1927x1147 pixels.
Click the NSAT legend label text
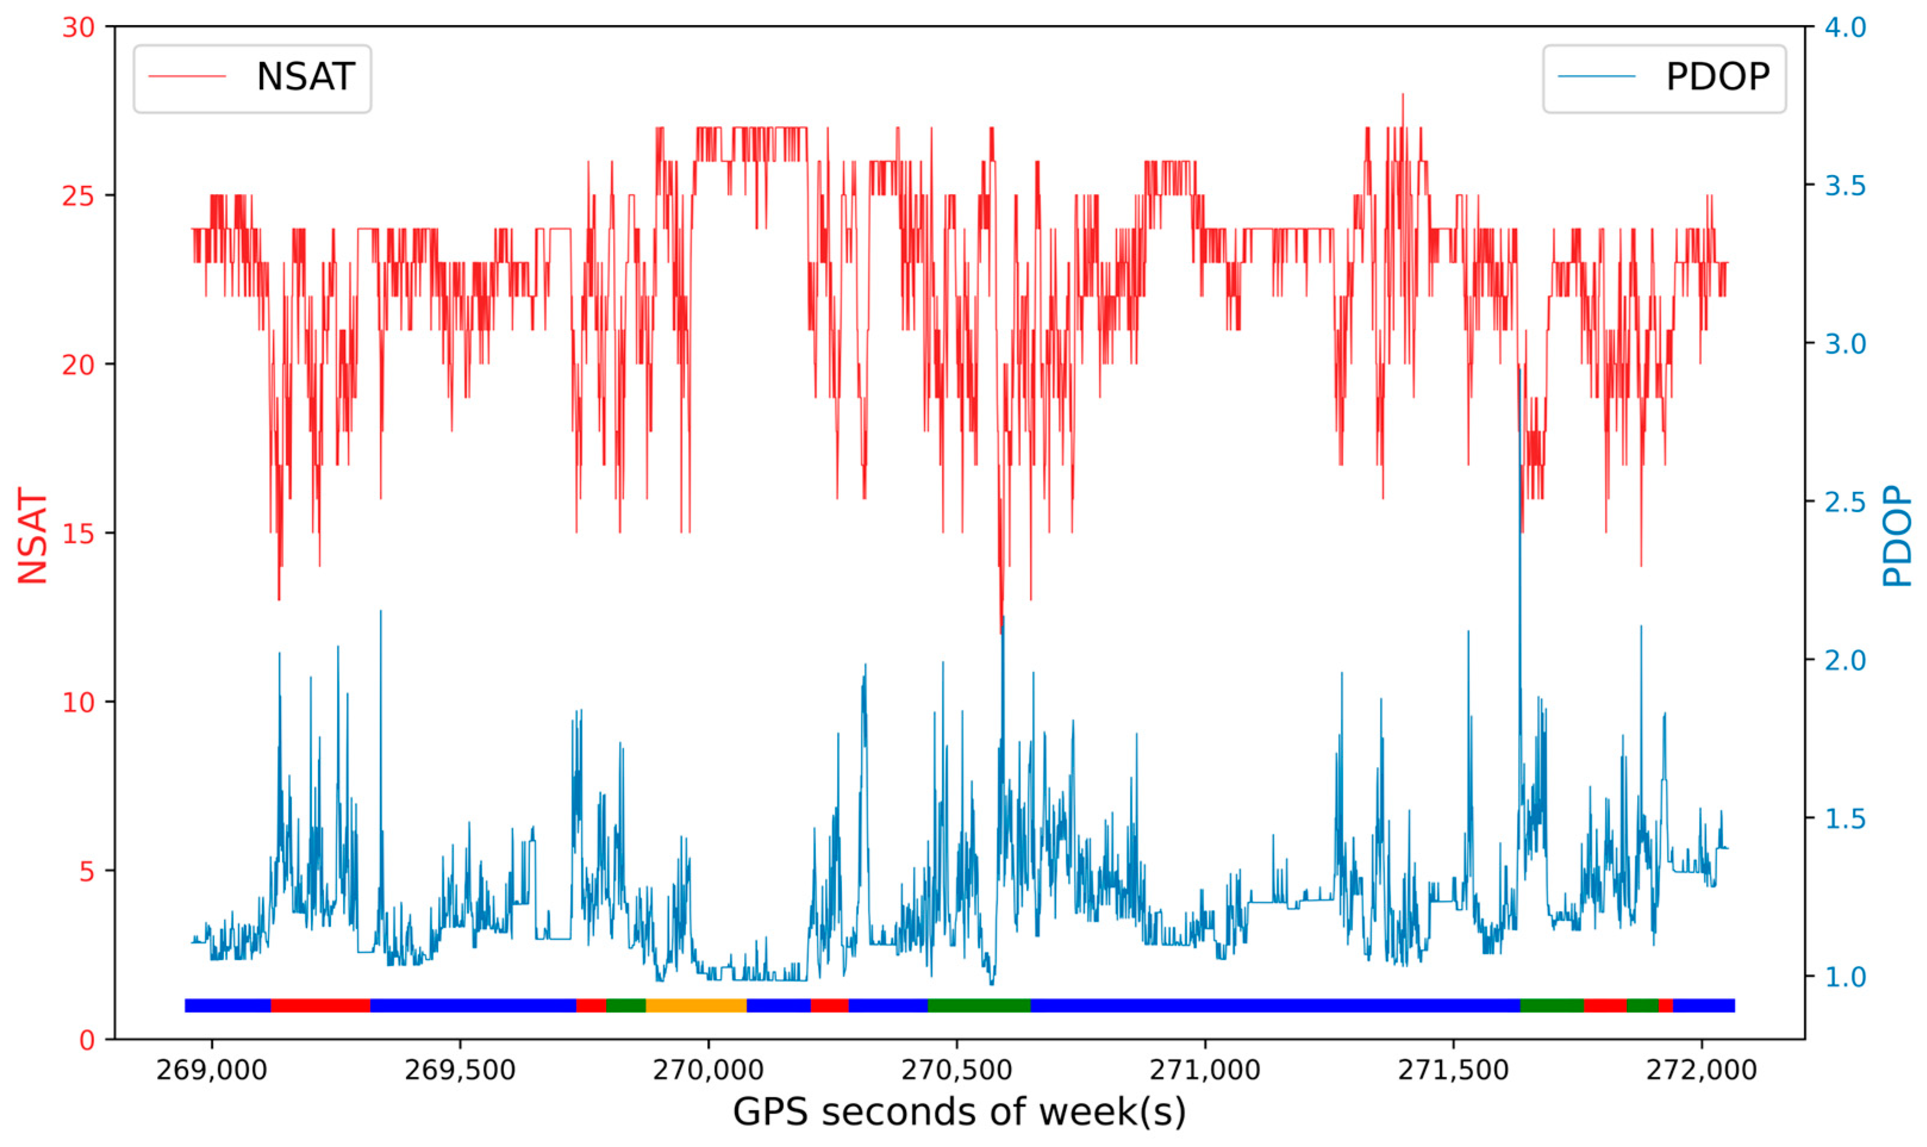[x=305, y=77]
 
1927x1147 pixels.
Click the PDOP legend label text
[x=1717, y=77]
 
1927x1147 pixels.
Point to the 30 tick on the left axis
[x=78, y=28]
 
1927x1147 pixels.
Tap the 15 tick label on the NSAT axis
[x=78, y=534]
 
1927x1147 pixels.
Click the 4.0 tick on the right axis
[x=1845, y=28]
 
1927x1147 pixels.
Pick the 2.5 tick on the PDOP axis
[x=1845, y=503]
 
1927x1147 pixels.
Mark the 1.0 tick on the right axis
[x=1845, y=977]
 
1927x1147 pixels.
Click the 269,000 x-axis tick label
[x=212, y=1071]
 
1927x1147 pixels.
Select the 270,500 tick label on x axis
[x=957, y=1071]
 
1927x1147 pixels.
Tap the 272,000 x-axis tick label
[x=1701, y=1071]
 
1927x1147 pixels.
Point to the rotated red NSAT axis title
[x=33, y=535]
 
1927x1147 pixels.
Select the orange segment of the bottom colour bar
[x=695, y=1005]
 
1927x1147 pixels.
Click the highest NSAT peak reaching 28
[x=1403, y=96]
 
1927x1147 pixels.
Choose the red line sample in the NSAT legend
[x=187, y=76]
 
